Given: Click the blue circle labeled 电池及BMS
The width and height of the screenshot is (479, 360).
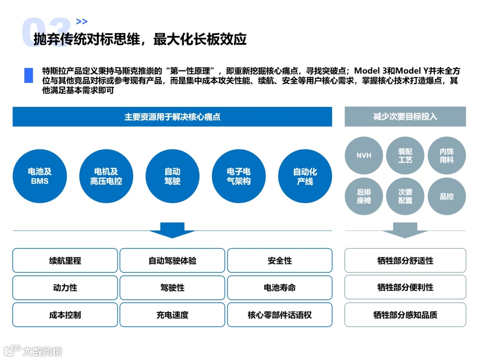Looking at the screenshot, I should pyautogui.click(x=39, y=176).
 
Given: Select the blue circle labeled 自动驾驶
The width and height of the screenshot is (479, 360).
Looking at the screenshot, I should pyautogui.click(x=172, y=176).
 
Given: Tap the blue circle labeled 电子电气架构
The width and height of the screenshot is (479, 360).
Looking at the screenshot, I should pyautogui.click(x=239, y=176).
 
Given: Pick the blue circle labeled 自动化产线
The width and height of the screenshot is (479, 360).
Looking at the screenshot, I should pyautogui.click(x=305, y=176).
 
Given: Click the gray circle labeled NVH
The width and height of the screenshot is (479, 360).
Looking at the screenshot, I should pyautogui.click(x=364, y=156).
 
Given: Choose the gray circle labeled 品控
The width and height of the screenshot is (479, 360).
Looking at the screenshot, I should pyautogui.click(x=447, y=196).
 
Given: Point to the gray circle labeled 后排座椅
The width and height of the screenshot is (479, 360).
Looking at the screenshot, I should pyautogui.click(x=364, y=196).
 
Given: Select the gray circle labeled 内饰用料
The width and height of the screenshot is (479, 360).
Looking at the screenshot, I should pyautogui.click(x=447, y=156).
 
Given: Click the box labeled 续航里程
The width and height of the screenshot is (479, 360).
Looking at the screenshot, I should pyautogui.click(x=65, y=261).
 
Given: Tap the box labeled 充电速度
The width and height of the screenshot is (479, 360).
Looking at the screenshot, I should pyautogui.click(x=173, y=315).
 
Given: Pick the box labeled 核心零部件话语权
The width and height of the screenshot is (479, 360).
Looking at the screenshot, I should pyautogui.click(x=280, y=315).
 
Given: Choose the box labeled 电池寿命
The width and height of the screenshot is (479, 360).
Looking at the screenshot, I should pyautogui.click(x=280, y=288).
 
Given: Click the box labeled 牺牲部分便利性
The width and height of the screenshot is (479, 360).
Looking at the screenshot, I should pyautogui.click(x=405, y=287).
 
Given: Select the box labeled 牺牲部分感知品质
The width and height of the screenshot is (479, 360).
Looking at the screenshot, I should pyautogui.click(x=405, y=315).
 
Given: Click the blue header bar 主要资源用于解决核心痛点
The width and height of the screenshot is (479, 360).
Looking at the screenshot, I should pyautogui.click(x=172, y=117).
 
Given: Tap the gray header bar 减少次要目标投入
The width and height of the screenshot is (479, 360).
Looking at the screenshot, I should pyautogui.click(x=405, y=117).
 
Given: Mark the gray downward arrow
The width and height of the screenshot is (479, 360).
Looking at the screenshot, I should pyautogui.click(x=399, y=231).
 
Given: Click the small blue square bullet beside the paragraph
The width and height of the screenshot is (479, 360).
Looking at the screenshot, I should pyautogui.click(x=29, y=75).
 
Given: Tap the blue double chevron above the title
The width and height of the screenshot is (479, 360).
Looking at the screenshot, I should pyautogui.click(x=82, y=21).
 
